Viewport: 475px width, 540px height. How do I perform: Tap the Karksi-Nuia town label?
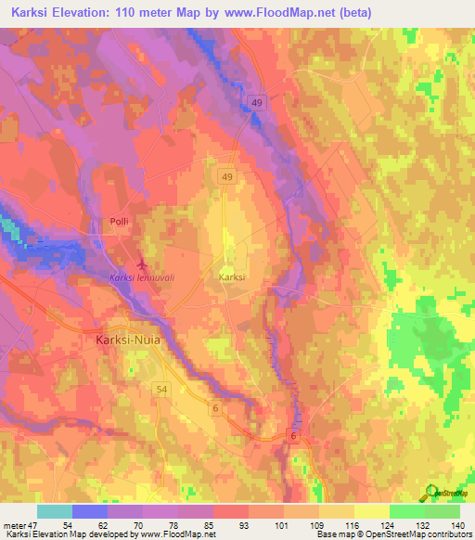pos(130,340)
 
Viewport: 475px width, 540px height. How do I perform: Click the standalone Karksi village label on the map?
pos(232,276)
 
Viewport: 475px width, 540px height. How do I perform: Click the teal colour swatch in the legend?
pos(55,511)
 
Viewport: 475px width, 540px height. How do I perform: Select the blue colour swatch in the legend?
pos(90,511)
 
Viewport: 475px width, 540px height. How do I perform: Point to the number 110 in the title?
pos(153,12)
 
